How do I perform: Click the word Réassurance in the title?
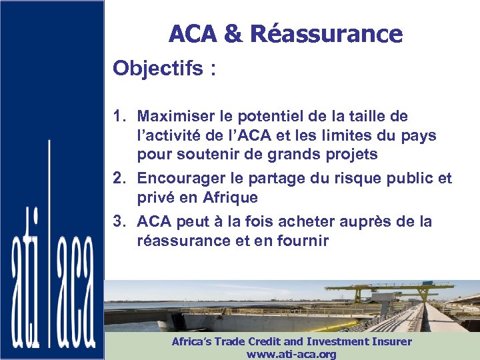pyautogui.click(x=327, y=33)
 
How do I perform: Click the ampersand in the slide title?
pyautogui.click(x=233, y=33)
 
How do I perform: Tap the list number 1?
pyautogui.click(x=119, y=117)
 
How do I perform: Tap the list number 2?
pyautogui.click(x=119, y=178)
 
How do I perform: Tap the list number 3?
pyautogui.click(x=119, y=221)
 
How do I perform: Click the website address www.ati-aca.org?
pyautogui.click(x=291, y=354)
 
